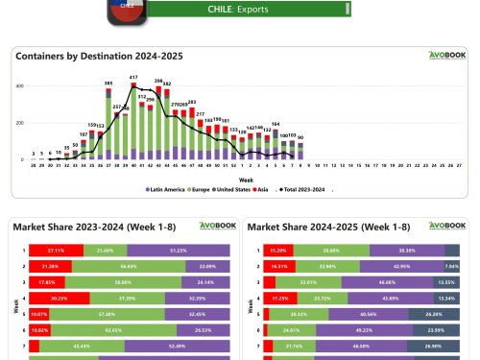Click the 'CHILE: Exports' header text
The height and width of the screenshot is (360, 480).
click(237, 9)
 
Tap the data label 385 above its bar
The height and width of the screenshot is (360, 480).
click(108, 84)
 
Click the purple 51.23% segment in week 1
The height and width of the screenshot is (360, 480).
click(178, 249)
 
